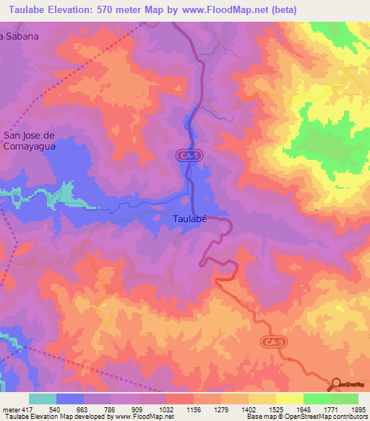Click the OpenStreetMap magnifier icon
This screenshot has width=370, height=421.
click(336, 384)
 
